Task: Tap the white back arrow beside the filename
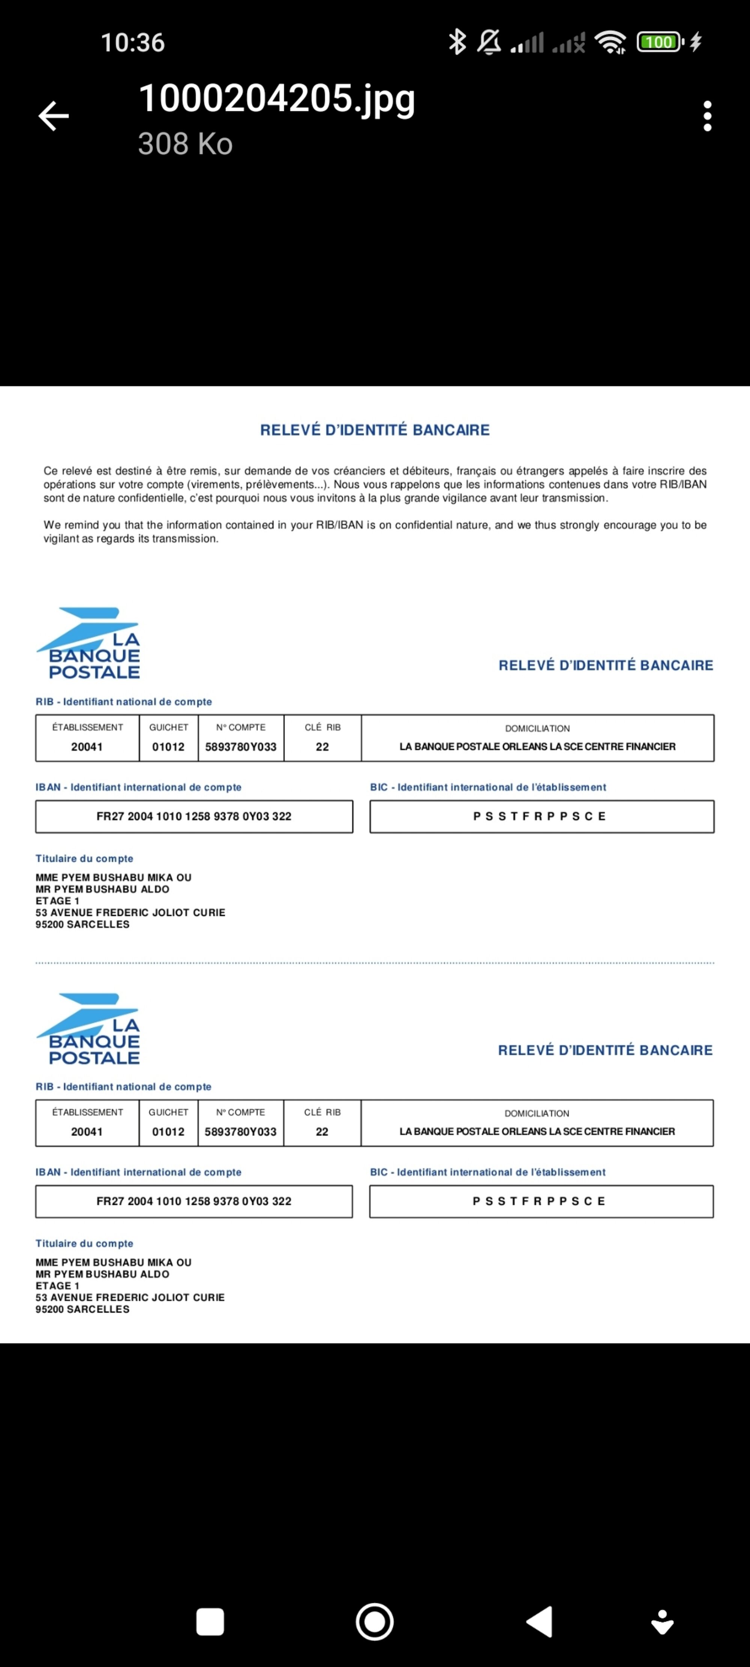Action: coord(54,116)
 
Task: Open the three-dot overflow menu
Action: coord(707,116)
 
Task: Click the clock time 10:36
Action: coord(133,43)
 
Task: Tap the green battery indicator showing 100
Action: coord(659,42)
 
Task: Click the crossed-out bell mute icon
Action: coord(489,42)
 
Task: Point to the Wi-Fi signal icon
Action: coord(610,42)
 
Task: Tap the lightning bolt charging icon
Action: coord(696,42)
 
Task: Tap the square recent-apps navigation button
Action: coord(210,1622)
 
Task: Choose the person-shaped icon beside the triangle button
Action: coord(662,1622)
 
